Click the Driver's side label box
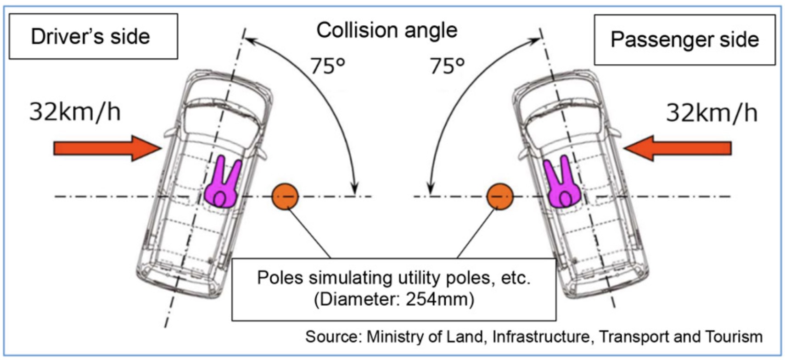coord(93,36)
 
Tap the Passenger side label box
coord(684,39)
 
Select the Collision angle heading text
coord(387,30)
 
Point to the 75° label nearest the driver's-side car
coord(327,66)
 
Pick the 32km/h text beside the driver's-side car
coord(75,112)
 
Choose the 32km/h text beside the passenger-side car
coord(712,112)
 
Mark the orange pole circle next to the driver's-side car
coord(285,197)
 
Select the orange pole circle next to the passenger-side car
coord(499,197)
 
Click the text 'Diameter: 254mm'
coord(394,299)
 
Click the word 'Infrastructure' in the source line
coord(543,337)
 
